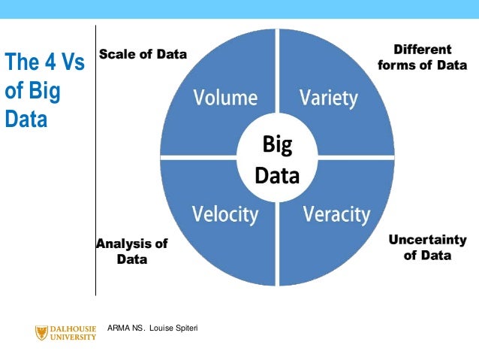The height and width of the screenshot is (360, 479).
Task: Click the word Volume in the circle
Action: point(225,98)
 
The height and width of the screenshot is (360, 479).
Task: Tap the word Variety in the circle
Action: point(328,98)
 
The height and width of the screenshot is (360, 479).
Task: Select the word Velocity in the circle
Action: point(224,214)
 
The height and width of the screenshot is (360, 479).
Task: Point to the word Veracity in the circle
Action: point(336,214)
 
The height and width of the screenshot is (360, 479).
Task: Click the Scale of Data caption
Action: point(143,54)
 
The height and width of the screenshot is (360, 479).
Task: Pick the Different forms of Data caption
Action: point(422,57)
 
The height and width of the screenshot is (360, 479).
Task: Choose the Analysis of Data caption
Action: point(132,251)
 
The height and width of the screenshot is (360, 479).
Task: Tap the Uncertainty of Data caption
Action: point(427,247)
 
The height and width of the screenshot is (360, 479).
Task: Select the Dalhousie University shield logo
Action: point(41,332)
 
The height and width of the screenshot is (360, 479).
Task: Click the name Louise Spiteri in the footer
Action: point(173,328)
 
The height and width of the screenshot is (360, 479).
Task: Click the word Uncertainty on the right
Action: point(427,240)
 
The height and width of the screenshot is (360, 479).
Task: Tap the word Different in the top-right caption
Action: point(423,50)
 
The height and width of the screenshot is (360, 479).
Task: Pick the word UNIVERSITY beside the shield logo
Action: point(73,337)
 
